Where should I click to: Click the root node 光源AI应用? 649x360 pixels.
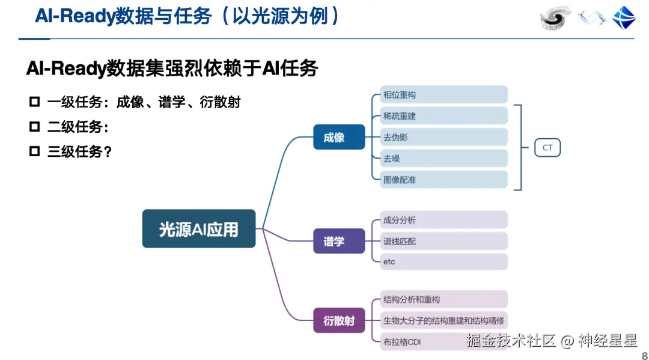[x=199, y=228]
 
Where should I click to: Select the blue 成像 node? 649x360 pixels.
[x=339, y=137]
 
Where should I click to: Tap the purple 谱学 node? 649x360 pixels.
[x=339, y=241]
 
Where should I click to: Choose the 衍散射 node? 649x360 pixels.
[x=339, y=320]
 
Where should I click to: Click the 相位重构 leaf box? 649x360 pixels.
[x=444, y=94]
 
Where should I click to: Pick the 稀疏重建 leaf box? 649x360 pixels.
[x=444, y=115]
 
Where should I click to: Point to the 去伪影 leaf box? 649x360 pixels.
[x=444, y=137]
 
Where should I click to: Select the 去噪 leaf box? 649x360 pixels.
[x=444, y=158]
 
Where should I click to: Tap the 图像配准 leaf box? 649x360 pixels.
[x=444, y=179]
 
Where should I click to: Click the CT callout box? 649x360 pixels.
[x=547, y=147]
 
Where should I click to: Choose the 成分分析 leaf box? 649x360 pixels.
[x=444, y=220]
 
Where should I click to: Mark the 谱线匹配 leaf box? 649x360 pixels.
[x=444, y=241]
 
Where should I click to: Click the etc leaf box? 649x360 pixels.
[x=444, y=261]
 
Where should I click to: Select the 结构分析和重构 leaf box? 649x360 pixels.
[x=444, y=299]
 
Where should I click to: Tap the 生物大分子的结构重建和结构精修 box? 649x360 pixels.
[x=444, y=320]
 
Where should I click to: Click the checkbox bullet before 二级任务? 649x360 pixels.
[x=34, y=127]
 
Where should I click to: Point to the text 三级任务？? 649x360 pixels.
[x=80, y=151]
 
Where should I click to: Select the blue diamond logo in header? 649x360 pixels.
[x=624, y=17]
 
